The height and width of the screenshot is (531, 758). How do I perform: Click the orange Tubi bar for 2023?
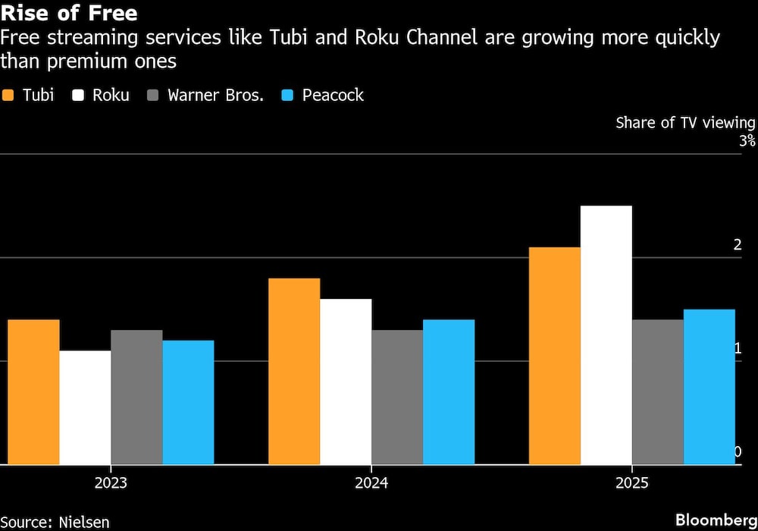[33, 391]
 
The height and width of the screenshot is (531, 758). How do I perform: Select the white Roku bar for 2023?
[85, 407]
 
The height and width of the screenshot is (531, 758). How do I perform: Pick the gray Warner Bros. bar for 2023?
[136, 397]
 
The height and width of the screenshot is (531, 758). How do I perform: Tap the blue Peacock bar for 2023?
[188, 402]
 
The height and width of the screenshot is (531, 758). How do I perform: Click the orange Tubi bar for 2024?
[294, 371]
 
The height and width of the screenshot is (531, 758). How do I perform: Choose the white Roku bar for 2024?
[346, 382]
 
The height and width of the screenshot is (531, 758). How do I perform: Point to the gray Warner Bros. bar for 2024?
[397, 397]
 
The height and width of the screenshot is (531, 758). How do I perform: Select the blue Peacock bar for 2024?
[449, 391]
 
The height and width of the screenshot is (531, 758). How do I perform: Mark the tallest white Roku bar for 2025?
[606, 335]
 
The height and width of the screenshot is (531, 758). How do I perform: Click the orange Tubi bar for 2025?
[555, 356]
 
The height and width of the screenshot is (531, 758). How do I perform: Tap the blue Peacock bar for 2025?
[709, 386]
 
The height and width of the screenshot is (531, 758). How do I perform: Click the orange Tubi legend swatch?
[9, 96]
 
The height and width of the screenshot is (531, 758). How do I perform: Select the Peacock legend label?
[333, 96]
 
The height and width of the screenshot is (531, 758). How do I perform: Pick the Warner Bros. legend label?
[215, 96]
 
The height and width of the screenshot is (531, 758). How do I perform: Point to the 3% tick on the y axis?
[747, 141]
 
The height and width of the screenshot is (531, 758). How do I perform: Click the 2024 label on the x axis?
[371, 482]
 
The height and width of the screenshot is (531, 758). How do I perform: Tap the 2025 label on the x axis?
[631, 482]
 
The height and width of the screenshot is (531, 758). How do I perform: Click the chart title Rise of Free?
[70, 14]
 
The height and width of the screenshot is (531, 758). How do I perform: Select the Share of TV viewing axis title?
[685, 123]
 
